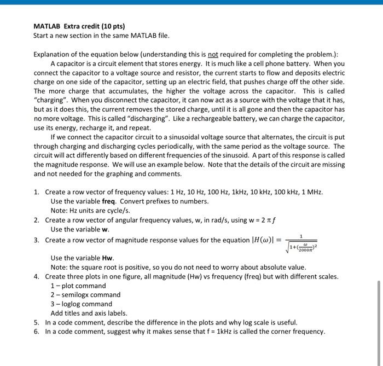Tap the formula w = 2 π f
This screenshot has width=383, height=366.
pos(260,220)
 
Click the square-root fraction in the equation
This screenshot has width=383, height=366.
pos(300,241)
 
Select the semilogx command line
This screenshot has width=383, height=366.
pos(85,295)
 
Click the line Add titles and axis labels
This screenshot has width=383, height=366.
pos(89,313)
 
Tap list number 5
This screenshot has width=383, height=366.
pos(36,323)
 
